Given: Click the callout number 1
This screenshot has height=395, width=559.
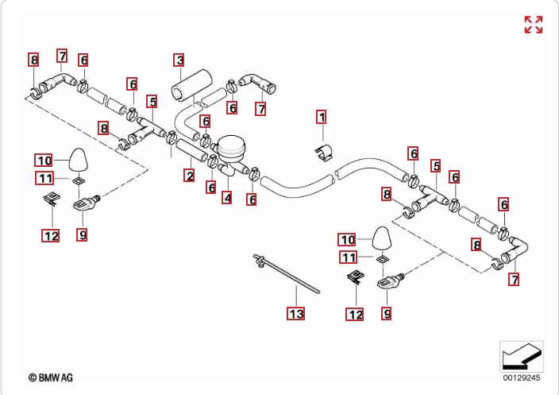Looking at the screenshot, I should (x=322, y=118).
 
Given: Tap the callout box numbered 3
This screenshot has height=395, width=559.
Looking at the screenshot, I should (x=180, y=60).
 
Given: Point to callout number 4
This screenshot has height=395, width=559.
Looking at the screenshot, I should (x=227, y=197).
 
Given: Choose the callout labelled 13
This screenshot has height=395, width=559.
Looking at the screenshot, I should (x=295, y=315).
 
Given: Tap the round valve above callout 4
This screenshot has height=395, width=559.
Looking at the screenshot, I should (x=232, y=149).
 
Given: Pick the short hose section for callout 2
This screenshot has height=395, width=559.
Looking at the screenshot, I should (x=191, y=150).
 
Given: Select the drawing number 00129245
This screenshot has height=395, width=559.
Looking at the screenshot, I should (x=521, y=378).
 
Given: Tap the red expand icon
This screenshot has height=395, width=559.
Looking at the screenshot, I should (x=534, y=25).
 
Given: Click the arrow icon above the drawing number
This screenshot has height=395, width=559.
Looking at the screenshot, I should (x=521, y=356).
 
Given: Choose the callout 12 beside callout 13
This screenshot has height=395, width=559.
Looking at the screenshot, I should (x=354, y=315).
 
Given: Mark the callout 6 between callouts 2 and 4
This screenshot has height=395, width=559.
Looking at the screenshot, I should (x=211, y=188).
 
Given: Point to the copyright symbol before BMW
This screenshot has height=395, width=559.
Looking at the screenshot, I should (x=33, y=378).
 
